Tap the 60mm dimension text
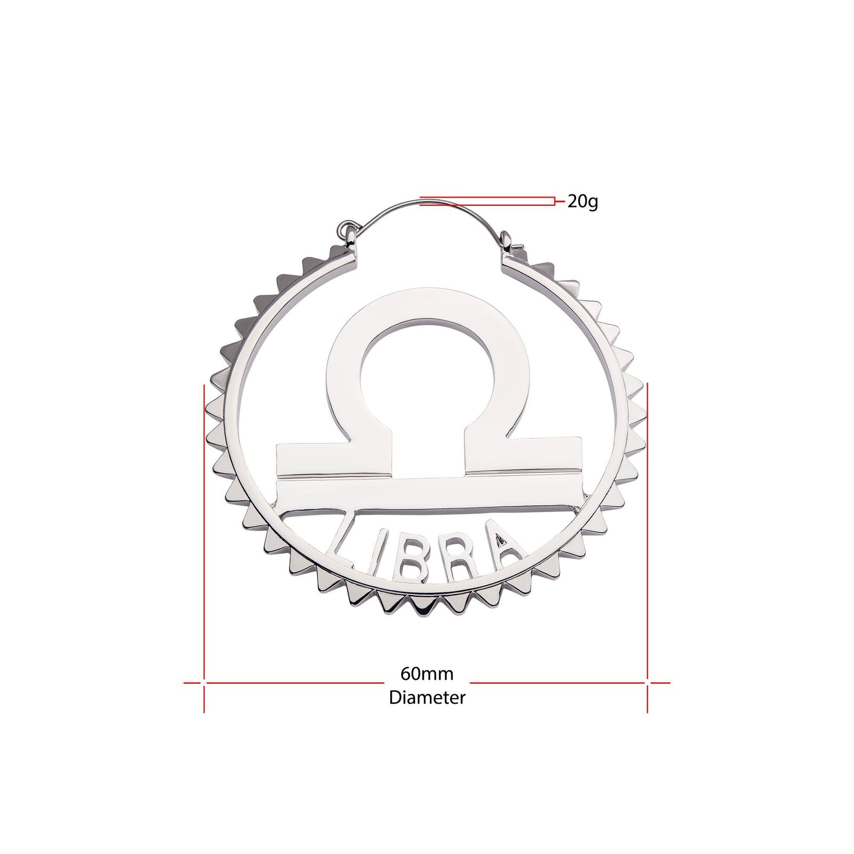click(427, 674)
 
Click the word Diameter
click(427, 697)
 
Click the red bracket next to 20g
click(555, 202)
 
